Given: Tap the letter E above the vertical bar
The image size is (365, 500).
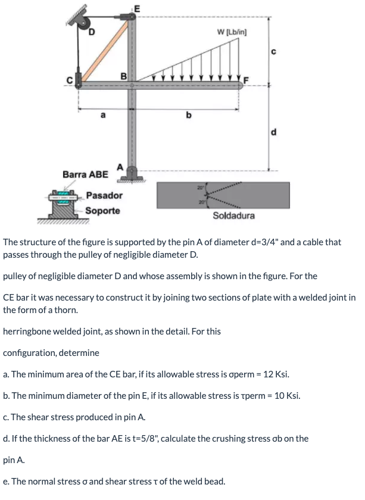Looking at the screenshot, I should point(136,8).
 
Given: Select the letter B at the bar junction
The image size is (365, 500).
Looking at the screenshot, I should point(124,76).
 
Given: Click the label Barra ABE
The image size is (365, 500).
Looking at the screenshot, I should point(85,174).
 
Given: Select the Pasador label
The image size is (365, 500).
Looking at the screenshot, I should point(104,195).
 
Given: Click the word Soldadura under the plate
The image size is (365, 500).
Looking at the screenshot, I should point(233,215).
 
